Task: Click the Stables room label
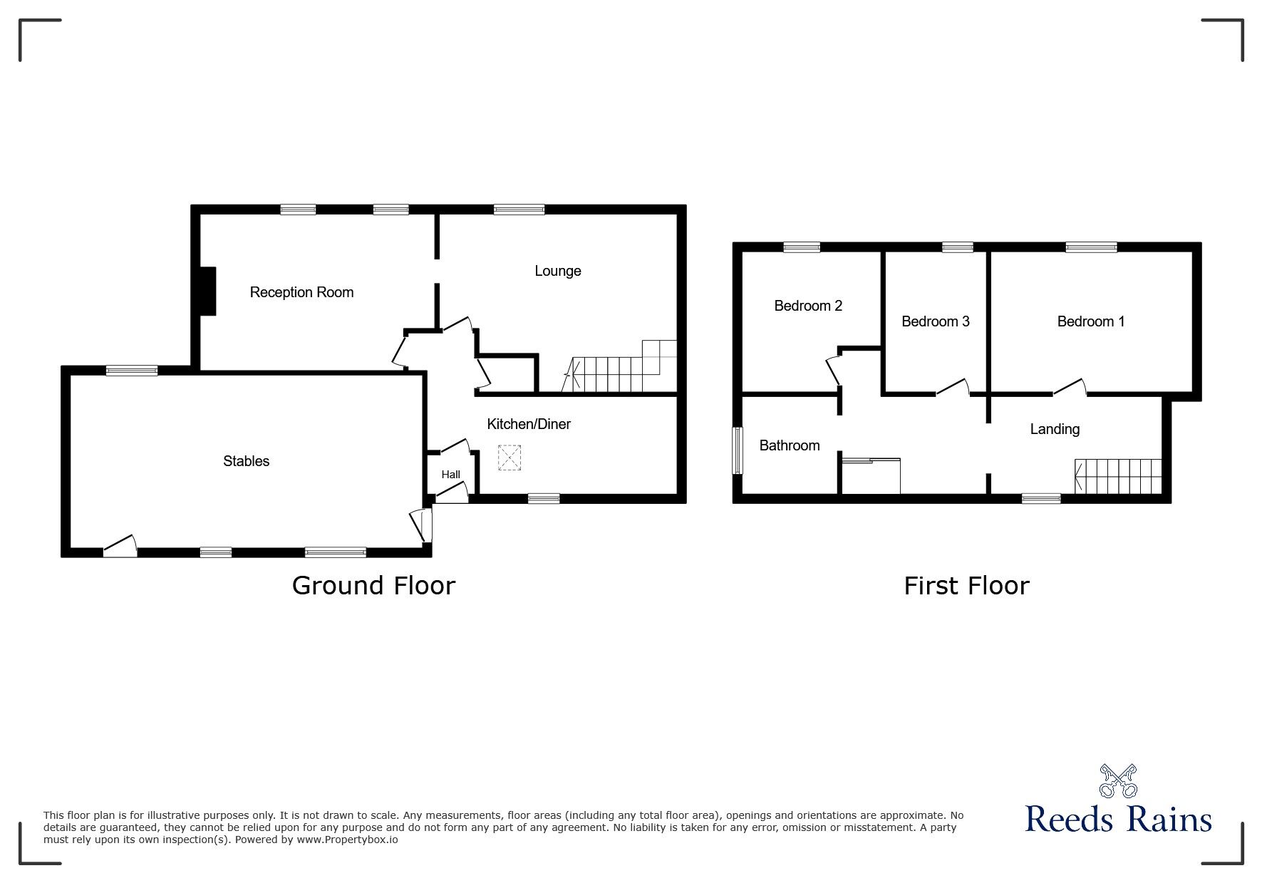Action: coord(246,461)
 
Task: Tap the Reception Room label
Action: coord(301,292)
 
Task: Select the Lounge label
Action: coord(558,271)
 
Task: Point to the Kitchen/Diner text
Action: coord(529,424)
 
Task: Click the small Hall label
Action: coord(450,475)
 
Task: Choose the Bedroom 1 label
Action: coord(1090,321)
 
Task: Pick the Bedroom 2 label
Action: coord(808,306)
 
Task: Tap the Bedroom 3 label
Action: coord(935,321)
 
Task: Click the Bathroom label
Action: coord(789,445)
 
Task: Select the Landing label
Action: coord(1055,429)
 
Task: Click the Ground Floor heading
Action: coord(373,586)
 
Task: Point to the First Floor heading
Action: coord(966,586)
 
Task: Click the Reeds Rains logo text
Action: coord(1118,820)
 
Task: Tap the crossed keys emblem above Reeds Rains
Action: coord(1118,781)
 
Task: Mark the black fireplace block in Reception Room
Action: coord(207,291)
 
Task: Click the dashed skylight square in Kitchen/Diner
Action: coord(509,458)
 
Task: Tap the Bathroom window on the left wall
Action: coord(738,450)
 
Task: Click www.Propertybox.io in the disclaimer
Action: coord(347,840)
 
